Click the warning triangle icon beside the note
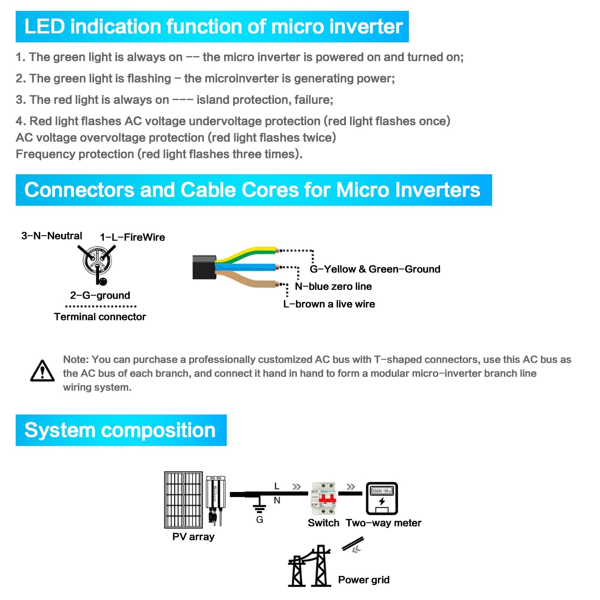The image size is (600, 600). [x=42, y=371]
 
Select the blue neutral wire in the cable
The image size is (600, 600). [x=247, y=267]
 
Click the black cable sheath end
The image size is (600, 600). [x=204, y=267]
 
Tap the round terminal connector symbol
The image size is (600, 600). [x=97, y=260]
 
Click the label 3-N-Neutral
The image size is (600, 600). [x=52, y=236]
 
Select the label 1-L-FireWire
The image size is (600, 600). [x=132, y=237]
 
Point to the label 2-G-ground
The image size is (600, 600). [x=100, y=295]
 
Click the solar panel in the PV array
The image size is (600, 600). [x=183, y=500]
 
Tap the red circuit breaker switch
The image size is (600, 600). [x=323, y=498]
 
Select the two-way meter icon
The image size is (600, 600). [x=382, y=498]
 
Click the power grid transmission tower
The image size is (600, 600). [x=310, y=566]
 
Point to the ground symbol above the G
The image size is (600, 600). [x=259, y=508]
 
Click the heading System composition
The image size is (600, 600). [x=120, y=430]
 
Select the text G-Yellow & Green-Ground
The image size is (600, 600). [x=375, y=269]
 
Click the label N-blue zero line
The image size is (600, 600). [x=333, y=286]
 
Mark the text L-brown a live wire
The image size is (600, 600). [x=329, y=304]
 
